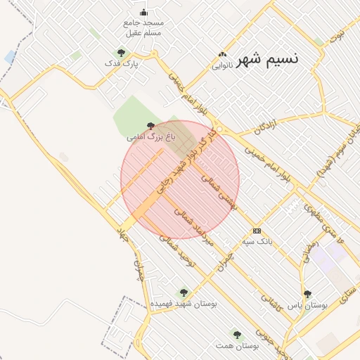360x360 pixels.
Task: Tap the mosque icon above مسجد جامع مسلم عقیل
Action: click(144, 12)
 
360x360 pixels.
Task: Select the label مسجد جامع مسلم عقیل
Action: click(143, 27)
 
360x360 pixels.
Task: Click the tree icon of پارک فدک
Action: click(122, 53)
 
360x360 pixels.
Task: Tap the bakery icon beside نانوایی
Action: click(224, 55)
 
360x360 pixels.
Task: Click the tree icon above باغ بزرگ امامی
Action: click(150, 125)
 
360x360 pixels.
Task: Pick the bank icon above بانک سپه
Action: click(257, 231)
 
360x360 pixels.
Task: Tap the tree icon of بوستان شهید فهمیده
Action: click(184, 292)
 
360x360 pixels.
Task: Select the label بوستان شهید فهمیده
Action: click(184, 304)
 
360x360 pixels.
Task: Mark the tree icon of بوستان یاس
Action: click(307, 294)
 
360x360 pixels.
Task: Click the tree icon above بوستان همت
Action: click(237, 334)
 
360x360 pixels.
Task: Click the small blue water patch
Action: click(10, 56)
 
